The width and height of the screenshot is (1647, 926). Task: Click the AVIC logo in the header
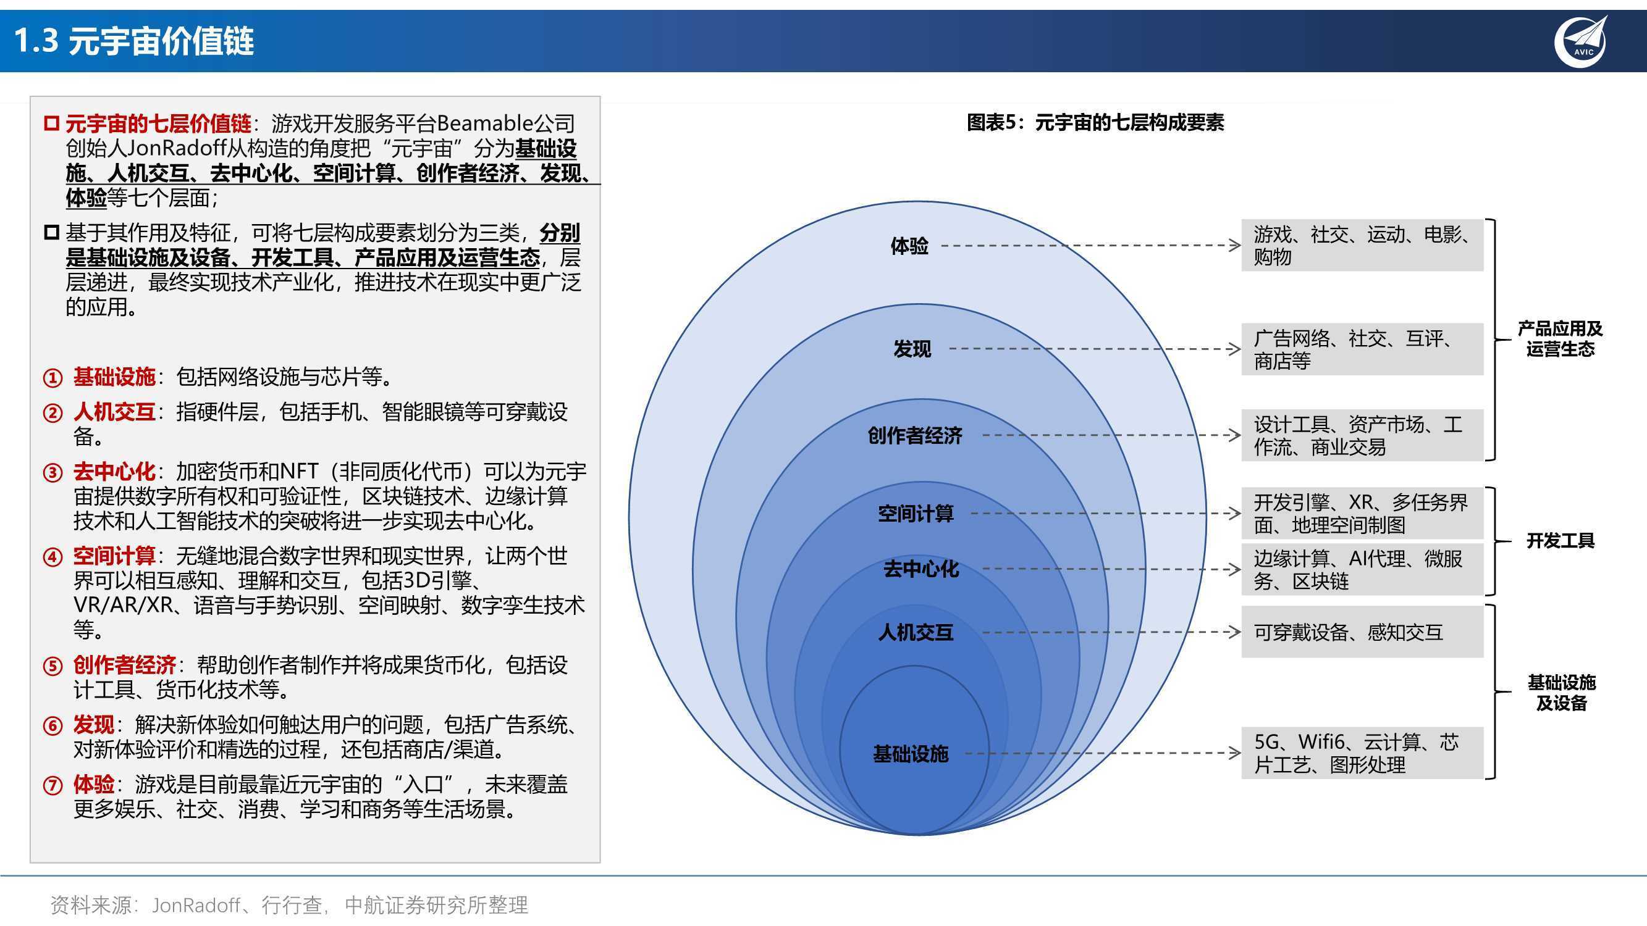tap(1579, 41)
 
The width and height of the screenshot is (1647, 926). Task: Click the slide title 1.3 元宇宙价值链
tap(133, 41)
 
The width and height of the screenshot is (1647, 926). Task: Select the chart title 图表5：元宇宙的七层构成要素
tap(1095, 122)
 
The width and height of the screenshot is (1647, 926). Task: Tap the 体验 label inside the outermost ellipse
tap(909, 246)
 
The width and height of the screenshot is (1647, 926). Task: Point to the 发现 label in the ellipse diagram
tap(912, 349)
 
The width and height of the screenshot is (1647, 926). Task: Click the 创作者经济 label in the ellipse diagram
tap(915, 435)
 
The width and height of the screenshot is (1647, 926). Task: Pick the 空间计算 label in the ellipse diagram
tap(916, 513)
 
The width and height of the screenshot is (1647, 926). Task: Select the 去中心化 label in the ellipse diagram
tap(920, 569)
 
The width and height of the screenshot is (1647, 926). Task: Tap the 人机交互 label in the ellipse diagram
tap(916, 633)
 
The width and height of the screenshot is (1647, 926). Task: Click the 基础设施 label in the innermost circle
tap(911, 754)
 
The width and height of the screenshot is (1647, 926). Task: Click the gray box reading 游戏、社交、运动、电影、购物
tap(1362, 246)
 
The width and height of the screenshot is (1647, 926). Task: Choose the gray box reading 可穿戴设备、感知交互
tap(1362, 632)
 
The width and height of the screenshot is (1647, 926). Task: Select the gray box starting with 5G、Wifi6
tap(1362, 753)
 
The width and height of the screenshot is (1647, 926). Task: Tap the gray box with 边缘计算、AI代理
tap(1362, 569)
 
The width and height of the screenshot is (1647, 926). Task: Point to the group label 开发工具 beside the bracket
tap(1560, 541)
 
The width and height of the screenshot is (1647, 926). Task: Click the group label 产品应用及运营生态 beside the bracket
tap(1560, 339)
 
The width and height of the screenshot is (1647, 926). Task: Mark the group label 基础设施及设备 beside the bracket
tap(1561, 693)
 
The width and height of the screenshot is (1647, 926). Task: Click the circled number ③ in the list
tap(53, 473)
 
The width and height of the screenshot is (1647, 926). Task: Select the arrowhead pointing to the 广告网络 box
tap(1234, 349)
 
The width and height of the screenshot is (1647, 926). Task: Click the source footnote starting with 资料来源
tap(289, 905)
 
